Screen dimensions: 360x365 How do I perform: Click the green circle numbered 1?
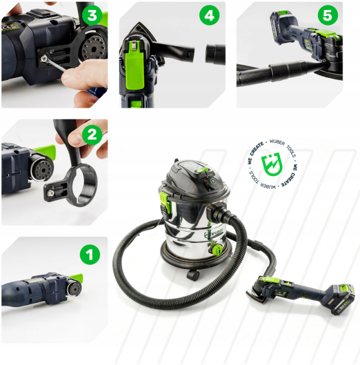(90, 254)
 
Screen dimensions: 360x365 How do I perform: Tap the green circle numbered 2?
(92, 135)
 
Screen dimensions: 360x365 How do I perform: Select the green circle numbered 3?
(92, 15)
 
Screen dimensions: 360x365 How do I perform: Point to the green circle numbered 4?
(210, 15)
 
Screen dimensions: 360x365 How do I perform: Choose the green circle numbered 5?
(328, 15)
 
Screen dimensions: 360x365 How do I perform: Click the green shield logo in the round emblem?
(272, 164)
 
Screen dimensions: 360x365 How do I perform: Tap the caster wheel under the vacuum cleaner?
(193, 275)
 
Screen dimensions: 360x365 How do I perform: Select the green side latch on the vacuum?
(166, 201)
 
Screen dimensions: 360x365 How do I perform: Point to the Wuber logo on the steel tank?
(213, 233)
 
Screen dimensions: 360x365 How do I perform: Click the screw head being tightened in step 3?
(44, 59)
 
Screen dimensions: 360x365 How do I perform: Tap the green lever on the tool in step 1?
(76, 277)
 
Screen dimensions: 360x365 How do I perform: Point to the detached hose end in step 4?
(215, 54)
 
